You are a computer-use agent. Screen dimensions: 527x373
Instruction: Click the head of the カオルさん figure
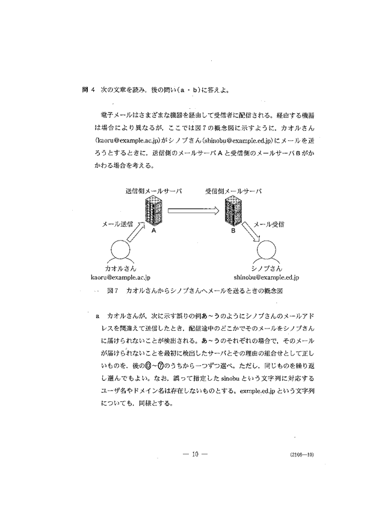tap(120, 251)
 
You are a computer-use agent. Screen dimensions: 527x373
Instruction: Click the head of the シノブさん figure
tap(267, 251)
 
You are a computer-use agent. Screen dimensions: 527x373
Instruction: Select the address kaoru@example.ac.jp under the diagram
tap(120, 277)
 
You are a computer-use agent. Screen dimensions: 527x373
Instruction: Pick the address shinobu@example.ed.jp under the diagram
tap(267, 277)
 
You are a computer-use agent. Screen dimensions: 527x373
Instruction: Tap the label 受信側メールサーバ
tap(233, 191)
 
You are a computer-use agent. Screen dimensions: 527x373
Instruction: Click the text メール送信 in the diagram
tap(117, 224)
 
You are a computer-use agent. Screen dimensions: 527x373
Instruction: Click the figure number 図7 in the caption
tap(113, 291)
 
